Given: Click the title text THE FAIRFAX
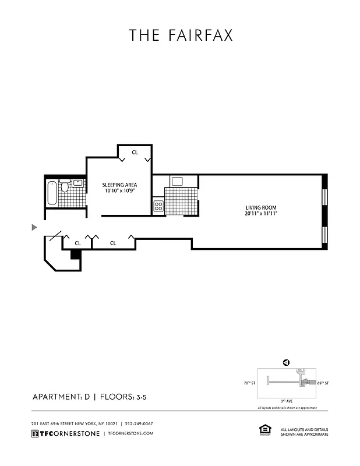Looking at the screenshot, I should click(x=181, y=36).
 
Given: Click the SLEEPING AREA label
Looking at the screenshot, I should click(x=119, y=185).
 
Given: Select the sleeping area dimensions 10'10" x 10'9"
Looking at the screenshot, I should click(x=119, y=191).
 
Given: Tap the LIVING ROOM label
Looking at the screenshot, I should click(x=260, y=208).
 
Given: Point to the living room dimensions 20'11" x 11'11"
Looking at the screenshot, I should click(x=260, y=214).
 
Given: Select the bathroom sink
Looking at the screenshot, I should click(x=77, y=182).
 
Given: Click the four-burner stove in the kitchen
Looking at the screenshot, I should click(x=158, y=205).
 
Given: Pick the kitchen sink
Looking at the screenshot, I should click(x=177, y=181).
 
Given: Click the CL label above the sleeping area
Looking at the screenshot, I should click(x=135, y=152).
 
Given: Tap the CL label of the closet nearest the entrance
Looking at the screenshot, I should click(x=77, y=243).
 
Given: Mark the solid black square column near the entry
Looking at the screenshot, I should click(x=75, y=254).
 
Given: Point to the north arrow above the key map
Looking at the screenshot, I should click(x=286, y=362).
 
